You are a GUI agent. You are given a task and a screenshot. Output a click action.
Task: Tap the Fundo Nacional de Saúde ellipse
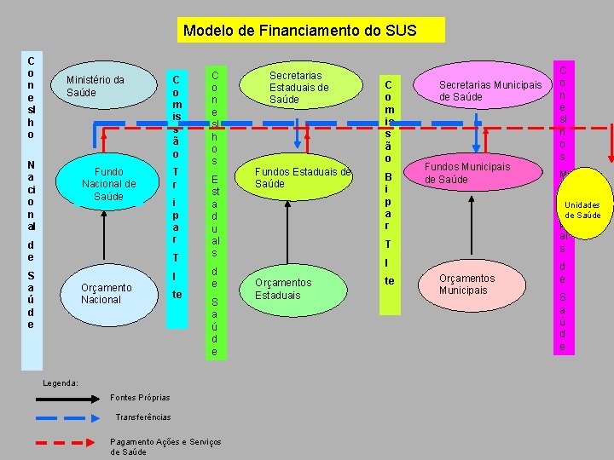[109, 184]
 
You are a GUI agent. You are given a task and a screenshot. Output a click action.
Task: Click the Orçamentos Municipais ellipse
[467, 285]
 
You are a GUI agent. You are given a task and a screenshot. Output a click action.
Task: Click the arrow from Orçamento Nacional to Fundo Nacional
[109, 239]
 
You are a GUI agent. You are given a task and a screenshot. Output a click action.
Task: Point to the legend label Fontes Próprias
[140, 398]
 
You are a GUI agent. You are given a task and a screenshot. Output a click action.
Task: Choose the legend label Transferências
[142, 417]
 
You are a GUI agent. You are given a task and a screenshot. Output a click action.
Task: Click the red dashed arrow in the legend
[65, 443]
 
